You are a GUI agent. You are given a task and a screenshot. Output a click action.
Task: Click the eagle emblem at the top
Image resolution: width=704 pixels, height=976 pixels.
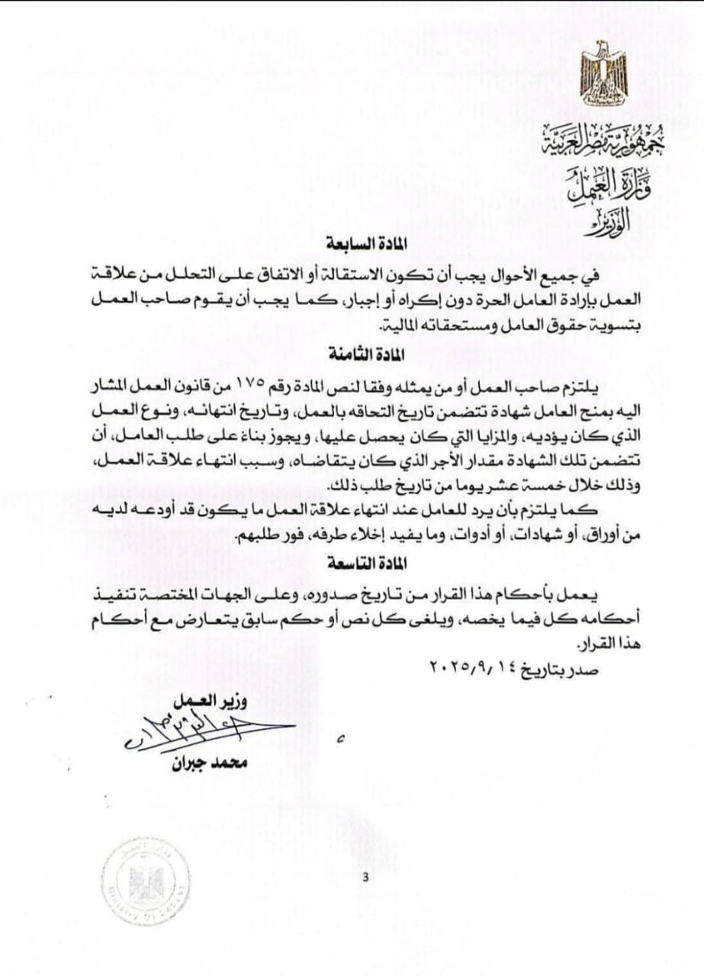point(603,74)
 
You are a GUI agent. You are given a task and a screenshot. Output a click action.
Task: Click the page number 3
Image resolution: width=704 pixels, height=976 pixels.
point(365,877)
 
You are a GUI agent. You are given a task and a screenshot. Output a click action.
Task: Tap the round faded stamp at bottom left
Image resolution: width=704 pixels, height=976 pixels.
point(146,881)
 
